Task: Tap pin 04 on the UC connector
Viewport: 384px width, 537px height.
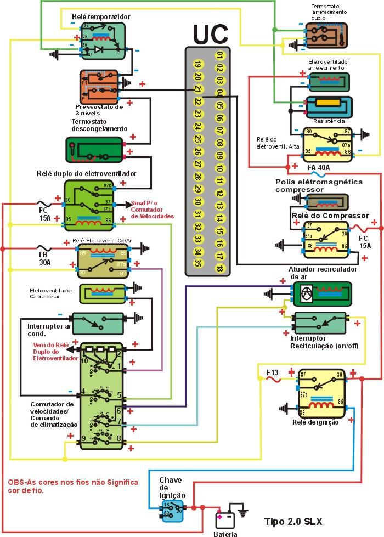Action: point(219,93)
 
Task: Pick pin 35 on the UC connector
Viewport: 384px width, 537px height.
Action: point(198,262)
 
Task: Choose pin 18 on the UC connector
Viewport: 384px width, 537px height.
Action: point(219,268)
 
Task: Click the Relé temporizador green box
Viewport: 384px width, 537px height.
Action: point(103,41)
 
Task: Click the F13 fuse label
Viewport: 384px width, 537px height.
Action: point(273,374)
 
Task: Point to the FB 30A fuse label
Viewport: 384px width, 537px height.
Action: point(43,258)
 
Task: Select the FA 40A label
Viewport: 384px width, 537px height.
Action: point(319,167)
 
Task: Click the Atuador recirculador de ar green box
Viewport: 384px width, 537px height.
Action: point(321,294)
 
